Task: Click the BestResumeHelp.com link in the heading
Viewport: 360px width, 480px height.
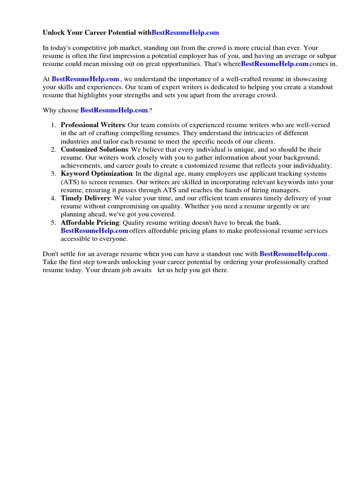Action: [185, 33]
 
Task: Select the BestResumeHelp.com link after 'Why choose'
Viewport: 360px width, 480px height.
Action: [114, 110]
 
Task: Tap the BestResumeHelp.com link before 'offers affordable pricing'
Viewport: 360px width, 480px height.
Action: [94, 231]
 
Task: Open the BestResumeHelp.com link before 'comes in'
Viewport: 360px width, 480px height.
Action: [275, 64]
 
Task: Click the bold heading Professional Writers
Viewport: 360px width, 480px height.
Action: [92, 125]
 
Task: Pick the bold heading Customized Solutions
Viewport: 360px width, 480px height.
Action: [94, 150]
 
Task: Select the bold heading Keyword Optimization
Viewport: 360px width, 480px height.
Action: [97, 174]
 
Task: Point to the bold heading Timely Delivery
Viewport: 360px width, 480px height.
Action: [85, 198]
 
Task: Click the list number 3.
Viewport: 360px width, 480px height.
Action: [53, 174]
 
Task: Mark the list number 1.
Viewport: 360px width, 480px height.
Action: [53, 125]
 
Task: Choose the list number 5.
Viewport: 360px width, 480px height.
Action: [53, 223]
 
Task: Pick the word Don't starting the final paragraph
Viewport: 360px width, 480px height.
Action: [51, 254]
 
